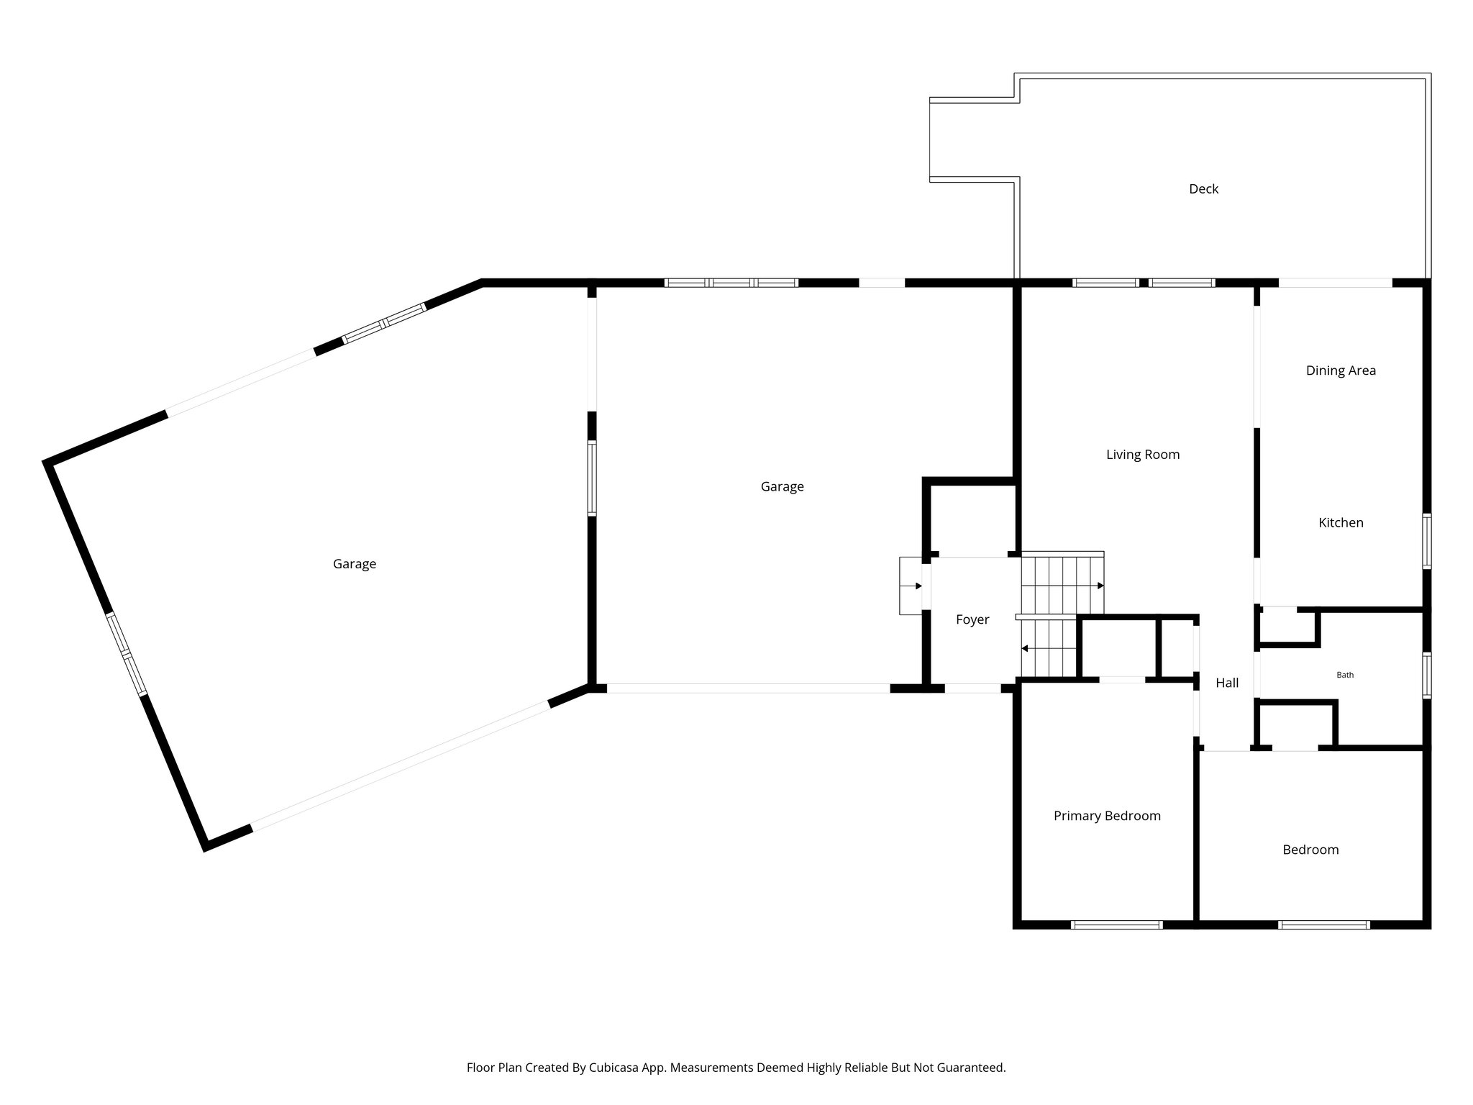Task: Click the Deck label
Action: [x=1203, y=189]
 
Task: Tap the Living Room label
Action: [x=1142, y=455]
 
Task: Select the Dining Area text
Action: [x=1340, y=370]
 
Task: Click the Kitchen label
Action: [x=1340, y=523]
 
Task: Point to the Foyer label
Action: [x=972, y=619]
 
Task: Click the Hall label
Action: [x=1226, y=683]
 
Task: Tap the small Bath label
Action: [x=1344, y=675]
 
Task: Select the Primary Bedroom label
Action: [x=1106, y=816]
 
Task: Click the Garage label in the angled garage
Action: [x=354, y=564]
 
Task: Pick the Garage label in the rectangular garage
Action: [x=781, y=486]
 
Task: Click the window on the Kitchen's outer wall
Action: [x=1427, y=541]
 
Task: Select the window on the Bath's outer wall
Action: [x=1427, y=675]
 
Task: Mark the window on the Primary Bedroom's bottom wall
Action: [x=1116, y=925]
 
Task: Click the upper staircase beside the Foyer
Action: [x=1062, y=583]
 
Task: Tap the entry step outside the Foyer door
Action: [x=910, y=586]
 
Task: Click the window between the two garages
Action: [x=592, y=478]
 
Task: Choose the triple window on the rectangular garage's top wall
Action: [x=731, y=283]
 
